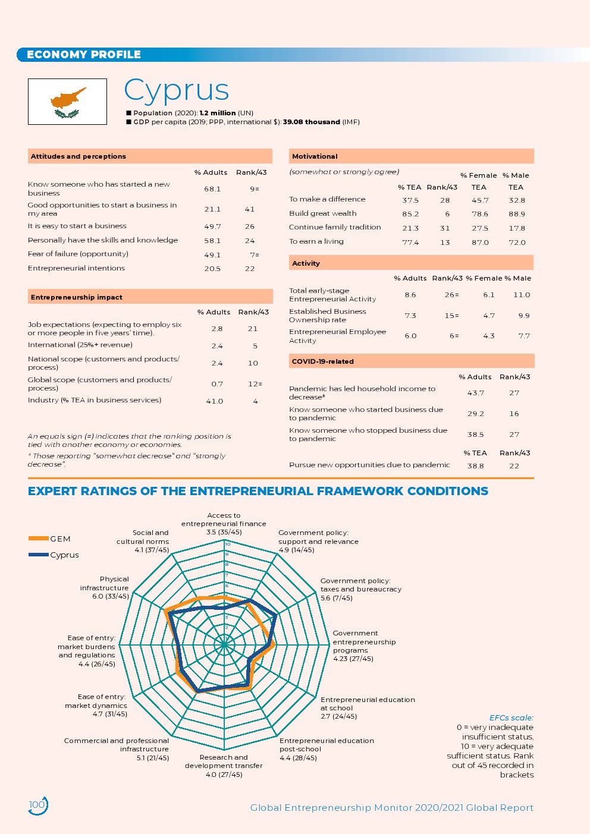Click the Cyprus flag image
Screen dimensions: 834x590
pos(67,102)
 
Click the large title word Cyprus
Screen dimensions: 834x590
pos(176,90)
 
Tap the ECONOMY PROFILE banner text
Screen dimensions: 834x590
pos(83,55)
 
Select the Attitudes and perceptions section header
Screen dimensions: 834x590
pos(79,156)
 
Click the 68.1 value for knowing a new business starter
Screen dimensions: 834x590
pos(212,189)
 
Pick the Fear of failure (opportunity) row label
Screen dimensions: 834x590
pos(78,254)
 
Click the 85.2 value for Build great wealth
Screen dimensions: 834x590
pos(410,214)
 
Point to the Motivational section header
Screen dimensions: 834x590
pos(315,156)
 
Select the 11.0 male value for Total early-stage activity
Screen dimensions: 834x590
pos(521,295)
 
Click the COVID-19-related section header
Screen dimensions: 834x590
pos(322,361)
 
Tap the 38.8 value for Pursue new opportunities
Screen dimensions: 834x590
pos(475,466)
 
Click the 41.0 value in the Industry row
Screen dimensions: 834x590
pos(214,401)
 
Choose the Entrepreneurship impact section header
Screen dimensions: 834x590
pos(76,297)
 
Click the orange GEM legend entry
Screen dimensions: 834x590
pos(50,539)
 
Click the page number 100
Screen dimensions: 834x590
pos(37,805)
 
